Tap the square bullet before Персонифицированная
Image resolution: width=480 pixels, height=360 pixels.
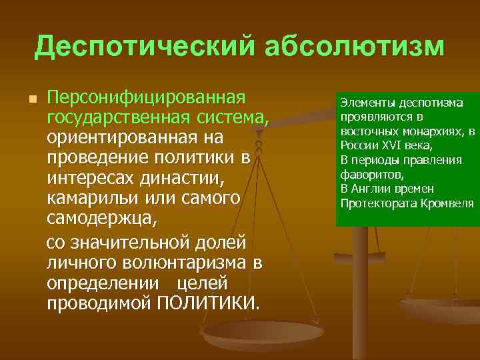click(31, 99)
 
